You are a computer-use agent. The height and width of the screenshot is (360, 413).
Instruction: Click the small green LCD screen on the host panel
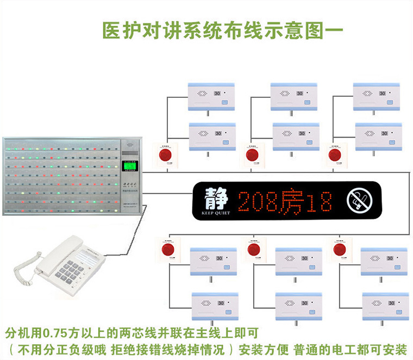(129, 166)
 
